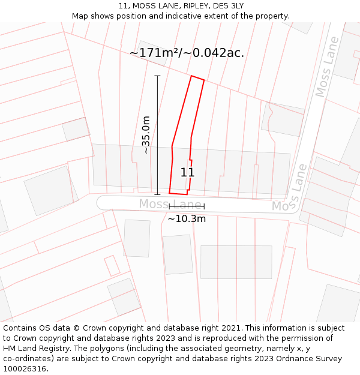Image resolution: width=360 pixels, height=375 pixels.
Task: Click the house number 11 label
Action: click(x=187, y=173)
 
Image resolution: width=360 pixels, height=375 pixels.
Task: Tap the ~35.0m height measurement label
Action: click(x=146, y=135)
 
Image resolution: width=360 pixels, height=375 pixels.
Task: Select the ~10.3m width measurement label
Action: click(x=187, y=219)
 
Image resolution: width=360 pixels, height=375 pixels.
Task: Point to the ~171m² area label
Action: click(x=187, y=53)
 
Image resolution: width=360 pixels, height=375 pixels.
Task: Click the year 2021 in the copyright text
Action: click(x=229, y=328)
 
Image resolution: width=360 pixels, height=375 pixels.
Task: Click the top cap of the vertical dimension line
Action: click(x=158, y=76)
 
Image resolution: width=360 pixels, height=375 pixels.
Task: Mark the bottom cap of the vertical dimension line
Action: click(x=158, y=194)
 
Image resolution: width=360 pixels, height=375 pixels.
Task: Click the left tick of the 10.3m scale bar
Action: click(x=170, y=207)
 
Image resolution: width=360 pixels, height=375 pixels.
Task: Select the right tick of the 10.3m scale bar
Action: click(x=204, y=207)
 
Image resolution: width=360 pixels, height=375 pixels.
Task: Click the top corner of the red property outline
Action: click(x=192, y=76)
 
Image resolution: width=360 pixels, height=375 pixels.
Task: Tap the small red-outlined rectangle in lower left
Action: click(x=112, y=266)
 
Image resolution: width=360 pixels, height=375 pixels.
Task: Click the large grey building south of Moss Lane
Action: click(x=236, y=262)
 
